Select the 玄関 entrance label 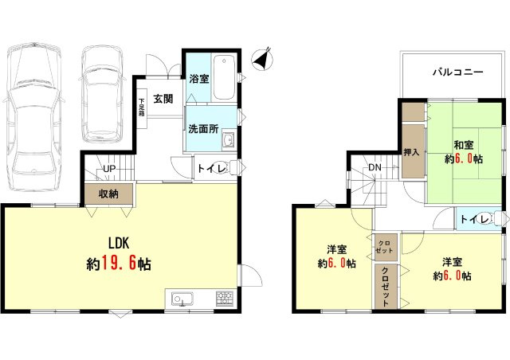(163, 99)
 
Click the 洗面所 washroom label (203, 129)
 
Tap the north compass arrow (261, 58)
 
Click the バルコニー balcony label (457, 71)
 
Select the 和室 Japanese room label (465, 144)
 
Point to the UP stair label (109, 170)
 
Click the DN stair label (375, 166)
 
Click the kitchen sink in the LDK (181, 300)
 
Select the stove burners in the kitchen (223, 299)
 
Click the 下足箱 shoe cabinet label (141, 107)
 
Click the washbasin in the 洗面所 (227, 142)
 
